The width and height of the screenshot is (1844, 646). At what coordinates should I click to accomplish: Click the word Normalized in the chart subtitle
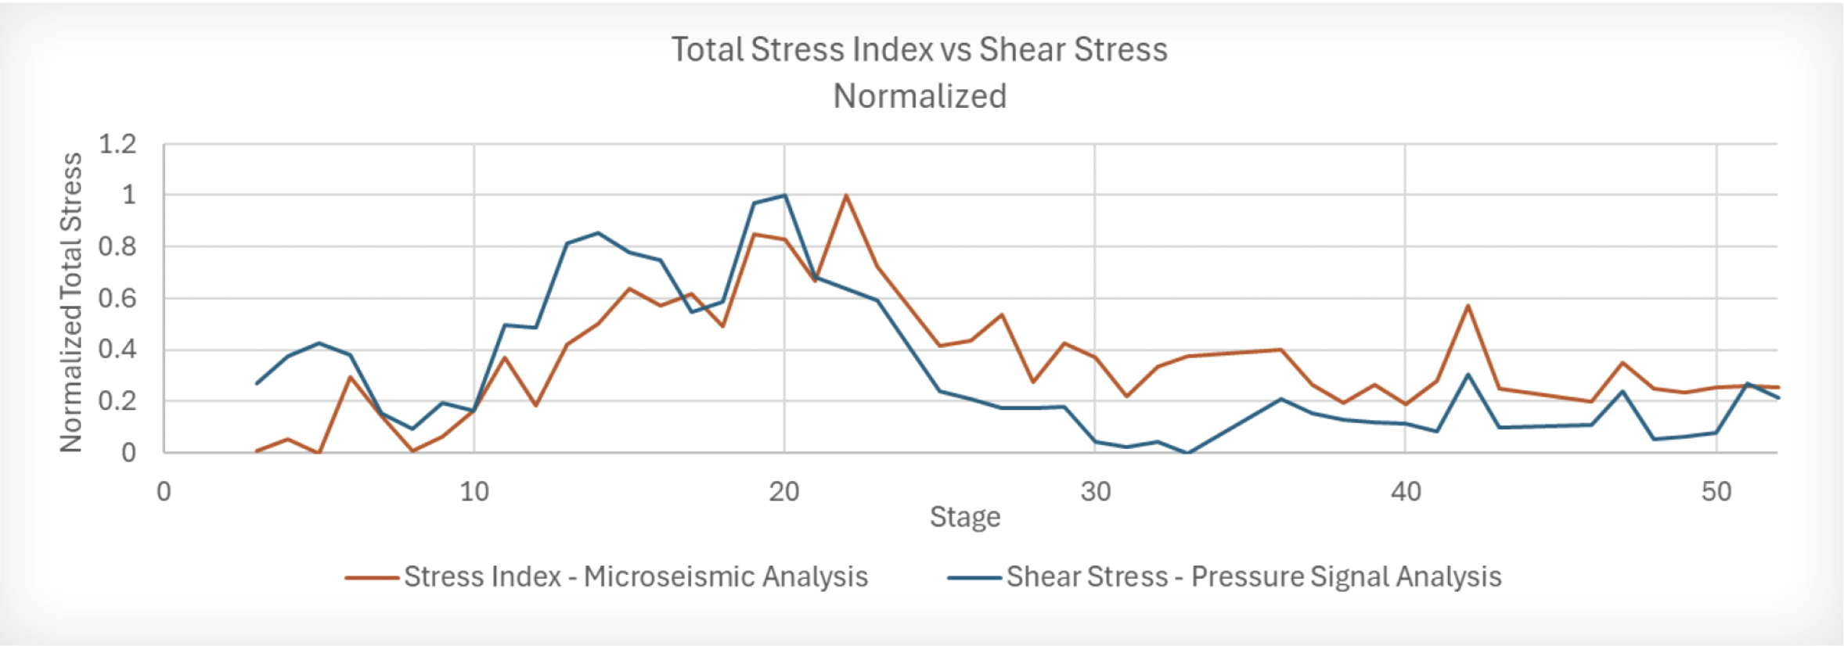click(920, 96)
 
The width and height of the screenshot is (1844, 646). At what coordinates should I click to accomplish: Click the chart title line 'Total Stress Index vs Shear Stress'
click(920, 49)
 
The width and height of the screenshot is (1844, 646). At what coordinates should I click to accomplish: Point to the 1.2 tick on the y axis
click(117, 144)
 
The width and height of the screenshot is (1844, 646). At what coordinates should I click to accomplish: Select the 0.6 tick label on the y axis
click(117, 298)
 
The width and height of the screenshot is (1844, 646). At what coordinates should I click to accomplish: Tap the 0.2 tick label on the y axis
click(117, 401)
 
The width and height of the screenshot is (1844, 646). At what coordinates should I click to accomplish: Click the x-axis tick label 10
click(474, 492)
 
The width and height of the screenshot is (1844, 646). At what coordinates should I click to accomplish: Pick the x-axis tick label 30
click(1096, 492)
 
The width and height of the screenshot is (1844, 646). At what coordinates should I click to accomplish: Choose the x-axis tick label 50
click(1716, 492)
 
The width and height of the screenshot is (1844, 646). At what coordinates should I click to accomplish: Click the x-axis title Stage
click(965, 517)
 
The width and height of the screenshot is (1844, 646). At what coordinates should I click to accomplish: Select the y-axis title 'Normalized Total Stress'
click(71, 303)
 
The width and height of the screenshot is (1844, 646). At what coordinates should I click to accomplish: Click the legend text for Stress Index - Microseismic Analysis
click(636, 577)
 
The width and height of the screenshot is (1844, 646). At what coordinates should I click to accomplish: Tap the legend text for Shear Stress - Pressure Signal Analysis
click(1254, 577)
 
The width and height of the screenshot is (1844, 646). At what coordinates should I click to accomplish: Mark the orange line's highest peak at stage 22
click(846, 196)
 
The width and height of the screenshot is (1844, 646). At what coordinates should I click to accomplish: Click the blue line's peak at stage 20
click(784, 196)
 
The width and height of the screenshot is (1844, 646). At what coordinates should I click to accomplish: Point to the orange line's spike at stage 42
click(1468, 306)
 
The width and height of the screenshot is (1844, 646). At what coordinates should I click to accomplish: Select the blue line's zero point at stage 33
click(1188, 453)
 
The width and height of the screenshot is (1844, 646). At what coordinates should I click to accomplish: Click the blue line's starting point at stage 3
click(257, 383)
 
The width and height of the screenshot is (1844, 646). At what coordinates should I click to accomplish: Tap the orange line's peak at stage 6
click(350, 377)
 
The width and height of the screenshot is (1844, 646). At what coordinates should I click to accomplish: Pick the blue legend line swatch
click(974, 579)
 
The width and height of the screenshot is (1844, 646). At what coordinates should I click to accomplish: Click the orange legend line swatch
click(372, 579)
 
